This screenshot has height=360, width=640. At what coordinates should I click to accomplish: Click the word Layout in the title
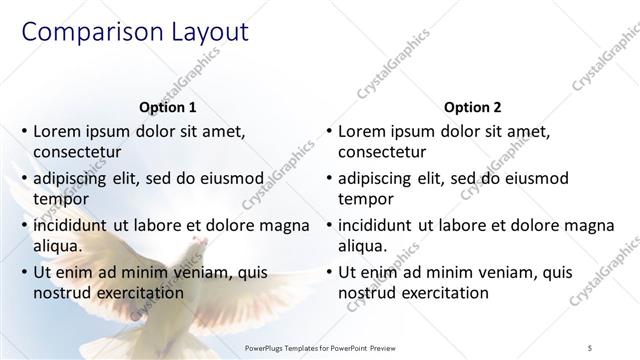[205, 32]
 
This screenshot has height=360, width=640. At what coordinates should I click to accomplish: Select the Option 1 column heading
[165, 107]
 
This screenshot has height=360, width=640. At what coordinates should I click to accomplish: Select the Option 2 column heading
[473, 107]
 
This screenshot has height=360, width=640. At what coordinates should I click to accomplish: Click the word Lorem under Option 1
[56, 131]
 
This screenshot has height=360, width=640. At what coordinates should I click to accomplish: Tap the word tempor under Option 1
[58, 199]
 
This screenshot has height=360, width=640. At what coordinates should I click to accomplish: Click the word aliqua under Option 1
[56, 245]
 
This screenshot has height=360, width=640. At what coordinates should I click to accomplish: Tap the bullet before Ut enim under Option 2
[329, 272]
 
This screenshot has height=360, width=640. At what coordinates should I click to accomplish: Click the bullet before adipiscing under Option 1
[24, 178]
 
